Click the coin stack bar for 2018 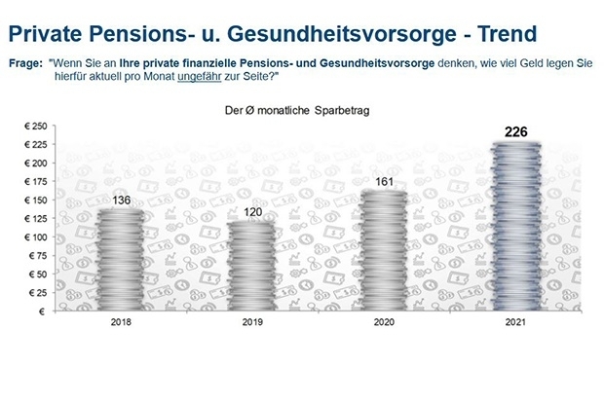coord(121,260)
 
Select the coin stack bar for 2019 coord(252,266)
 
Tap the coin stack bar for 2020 coord(384,250)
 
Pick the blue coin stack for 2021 coord(515,227)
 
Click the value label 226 coord(515,132)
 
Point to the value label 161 coord(384,182)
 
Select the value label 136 coord(122,201)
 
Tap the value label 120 coord(252,212)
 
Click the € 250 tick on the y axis coord(36,127)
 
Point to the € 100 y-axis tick coord(36,238)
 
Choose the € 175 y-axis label coord(36,182)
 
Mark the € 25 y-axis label coord(38,293)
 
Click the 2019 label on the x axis coord(252,322)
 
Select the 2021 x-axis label coord(515,322)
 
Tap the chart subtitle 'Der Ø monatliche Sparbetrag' coord(297,111)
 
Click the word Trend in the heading coord(508,33)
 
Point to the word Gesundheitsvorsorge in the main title coord(342,34)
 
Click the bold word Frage coord(25,63)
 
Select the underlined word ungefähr coord(199,77)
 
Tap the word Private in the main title coord(45,33)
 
